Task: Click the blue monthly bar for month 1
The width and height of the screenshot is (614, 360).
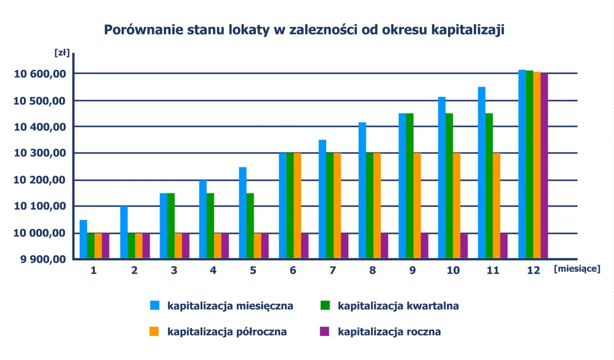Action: coord(83,239)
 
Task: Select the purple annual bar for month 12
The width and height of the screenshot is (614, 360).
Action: coord(544,166)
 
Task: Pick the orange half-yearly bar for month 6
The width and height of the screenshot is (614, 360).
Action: coord(298,206)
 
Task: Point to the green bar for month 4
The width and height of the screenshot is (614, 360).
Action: coord(210,226)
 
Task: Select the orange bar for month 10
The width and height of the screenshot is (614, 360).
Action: coord(457,206)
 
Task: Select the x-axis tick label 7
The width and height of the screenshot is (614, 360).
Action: coord(332,270)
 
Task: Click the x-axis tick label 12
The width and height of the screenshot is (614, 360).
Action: coord(533,270)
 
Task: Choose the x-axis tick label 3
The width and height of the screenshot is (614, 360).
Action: coord(174,270)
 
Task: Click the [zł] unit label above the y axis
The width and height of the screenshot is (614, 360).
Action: coord(62,53)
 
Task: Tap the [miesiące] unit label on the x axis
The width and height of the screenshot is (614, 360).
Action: coord(577,269)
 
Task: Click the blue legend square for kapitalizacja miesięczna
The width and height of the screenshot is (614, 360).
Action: coord(154,305)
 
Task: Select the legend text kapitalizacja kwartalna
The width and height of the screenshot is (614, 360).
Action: coord(398,306)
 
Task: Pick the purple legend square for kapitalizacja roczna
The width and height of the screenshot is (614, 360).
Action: coord(325,331)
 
